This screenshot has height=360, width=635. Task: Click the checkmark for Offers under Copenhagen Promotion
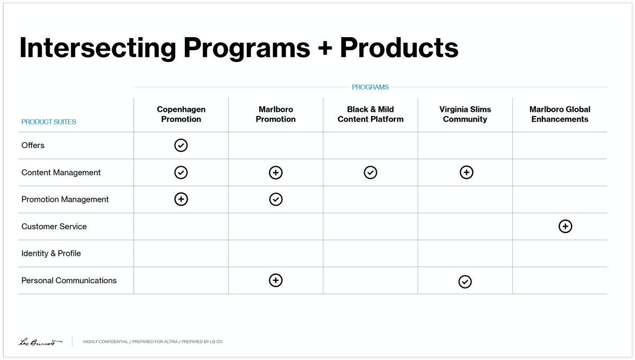(x=181, y=145)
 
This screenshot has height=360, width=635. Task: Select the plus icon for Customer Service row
(x=565, y=227)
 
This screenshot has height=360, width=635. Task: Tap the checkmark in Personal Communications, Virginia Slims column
(x=465, y=282)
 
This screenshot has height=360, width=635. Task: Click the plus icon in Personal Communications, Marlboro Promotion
(x=276, y=281)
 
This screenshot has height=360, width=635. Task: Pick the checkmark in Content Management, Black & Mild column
(x=370, y=173)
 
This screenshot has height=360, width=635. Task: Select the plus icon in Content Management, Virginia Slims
(x=466, y=173)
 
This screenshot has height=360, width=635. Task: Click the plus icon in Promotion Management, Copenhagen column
(x=181, y=199)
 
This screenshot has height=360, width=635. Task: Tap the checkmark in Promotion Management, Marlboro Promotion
(x=276, y=199)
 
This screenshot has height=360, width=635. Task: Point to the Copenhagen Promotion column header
(x=181, y=114)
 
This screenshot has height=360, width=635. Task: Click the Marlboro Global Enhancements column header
(x=560, y=114)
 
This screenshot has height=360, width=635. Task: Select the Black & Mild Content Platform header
(x=370, y=114)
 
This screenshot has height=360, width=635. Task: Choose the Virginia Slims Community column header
(x=465, y=114)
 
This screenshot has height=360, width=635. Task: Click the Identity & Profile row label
(x=51, y=254)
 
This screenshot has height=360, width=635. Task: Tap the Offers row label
(x=33, y=146)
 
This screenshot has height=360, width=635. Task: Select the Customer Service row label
(x=54, y=227)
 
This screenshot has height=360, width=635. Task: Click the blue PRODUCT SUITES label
(x=49, y=122)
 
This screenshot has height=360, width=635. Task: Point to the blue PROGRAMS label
(x=370, y=87)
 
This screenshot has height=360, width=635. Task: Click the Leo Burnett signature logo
(x=40, y=342)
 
